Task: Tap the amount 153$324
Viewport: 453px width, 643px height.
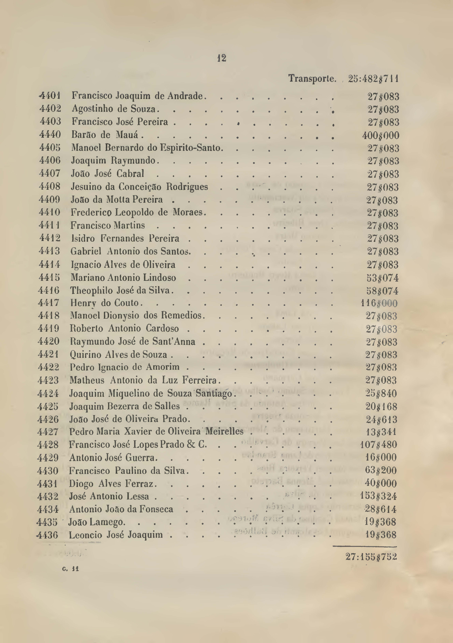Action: click(378, 496)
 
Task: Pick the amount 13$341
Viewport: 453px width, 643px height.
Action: click(381, 432)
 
